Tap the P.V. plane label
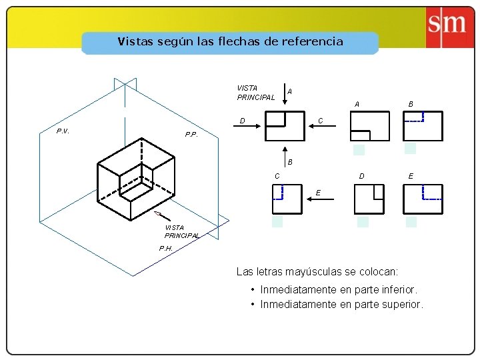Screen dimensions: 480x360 [63, 131]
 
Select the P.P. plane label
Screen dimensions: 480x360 [191, 135]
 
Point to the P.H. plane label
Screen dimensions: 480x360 [166, 248]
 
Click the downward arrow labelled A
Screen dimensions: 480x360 [284, 95]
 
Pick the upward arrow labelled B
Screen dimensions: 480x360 [284, 153]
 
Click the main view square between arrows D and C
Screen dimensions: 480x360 [285, 126]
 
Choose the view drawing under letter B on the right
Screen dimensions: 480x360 [423, 126]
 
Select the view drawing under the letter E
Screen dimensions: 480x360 [423, 199]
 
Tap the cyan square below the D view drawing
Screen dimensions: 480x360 [363, 222]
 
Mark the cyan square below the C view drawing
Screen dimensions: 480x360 [277, 222]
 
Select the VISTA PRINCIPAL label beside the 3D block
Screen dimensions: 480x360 [181, 231]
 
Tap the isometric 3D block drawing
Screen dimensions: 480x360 [136, 180]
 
